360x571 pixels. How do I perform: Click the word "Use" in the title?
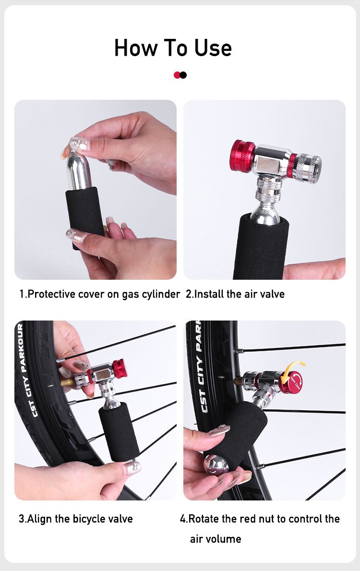click(x=213, y=48)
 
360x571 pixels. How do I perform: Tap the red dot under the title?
click(x=177, y=75)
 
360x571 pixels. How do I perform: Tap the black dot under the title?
click(x=183, y=75)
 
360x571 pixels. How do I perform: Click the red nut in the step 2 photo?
click(x=242, y=156)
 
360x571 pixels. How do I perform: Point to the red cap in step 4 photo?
click(x=291, y=383)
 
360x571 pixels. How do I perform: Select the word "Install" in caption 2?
click(x=209, y=294)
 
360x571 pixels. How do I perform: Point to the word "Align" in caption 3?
click(x=40, y=519)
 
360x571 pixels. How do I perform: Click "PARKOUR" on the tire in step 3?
click(x=21, y=348)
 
